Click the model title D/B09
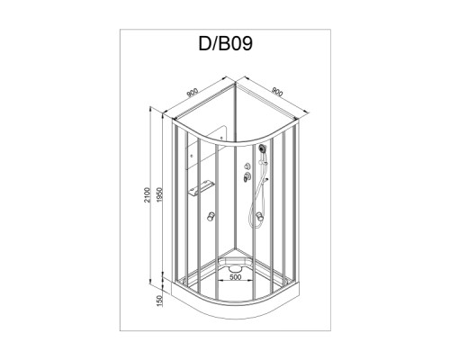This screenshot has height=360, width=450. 225,43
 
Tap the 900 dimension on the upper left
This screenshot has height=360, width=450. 193,93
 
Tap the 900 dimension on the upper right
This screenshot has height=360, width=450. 277,92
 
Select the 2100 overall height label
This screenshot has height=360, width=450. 147,194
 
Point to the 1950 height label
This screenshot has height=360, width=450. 159,194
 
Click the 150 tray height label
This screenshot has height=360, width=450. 159,301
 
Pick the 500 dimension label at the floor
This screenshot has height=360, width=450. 235,277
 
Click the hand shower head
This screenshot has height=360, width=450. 263,148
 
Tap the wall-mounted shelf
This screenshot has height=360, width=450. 201,188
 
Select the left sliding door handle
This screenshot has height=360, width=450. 211,216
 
